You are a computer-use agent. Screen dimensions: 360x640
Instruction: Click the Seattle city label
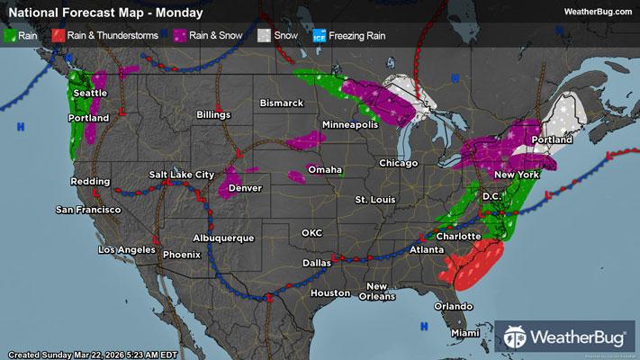[89, 93]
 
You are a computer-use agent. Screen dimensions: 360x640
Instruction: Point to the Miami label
[465, 333]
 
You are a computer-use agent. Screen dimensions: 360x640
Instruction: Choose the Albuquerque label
[221, 238]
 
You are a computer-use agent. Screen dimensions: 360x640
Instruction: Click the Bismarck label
[282, 103]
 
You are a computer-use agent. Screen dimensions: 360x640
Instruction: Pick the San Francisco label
[88, 210]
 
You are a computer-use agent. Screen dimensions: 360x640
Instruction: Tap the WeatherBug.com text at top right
[596, 12]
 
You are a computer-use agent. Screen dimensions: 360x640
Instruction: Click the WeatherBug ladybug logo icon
[517, 337]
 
